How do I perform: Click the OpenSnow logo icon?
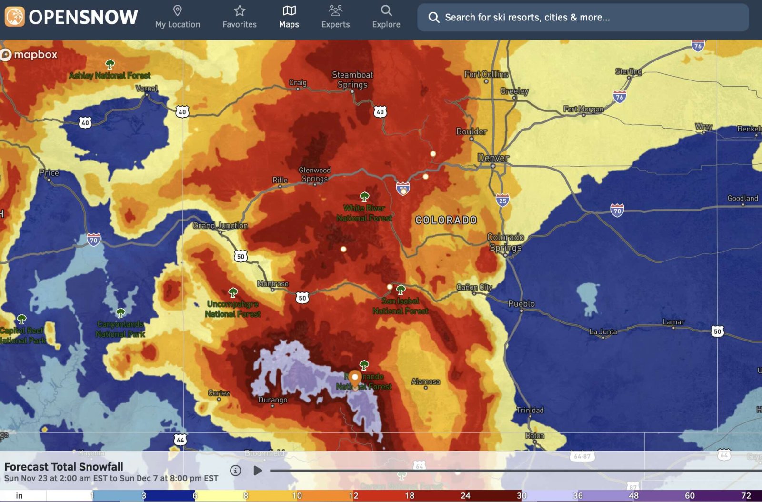[15, 17]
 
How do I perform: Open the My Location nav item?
[178, 17]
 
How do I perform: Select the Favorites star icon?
[240, 10]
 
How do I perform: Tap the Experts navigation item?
[335, 17]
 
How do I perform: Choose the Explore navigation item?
[386, 17]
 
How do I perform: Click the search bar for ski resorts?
[583, 18]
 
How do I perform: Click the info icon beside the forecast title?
[235, 471]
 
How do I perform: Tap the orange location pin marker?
[355, 379]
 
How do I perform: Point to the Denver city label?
[493, 158]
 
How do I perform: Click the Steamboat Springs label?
[352, 80]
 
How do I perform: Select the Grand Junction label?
[220, 225]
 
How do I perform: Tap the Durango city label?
[272, 400]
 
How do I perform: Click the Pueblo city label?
[521, 303]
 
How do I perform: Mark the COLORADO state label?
[446, 220]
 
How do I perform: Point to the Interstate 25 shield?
[502, 200]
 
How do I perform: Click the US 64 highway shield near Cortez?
[180, 440]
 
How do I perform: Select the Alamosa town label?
[425, 382]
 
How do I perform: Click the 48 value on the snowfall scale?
[633, 496]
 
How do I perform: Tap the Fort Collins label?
[486, 74]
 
